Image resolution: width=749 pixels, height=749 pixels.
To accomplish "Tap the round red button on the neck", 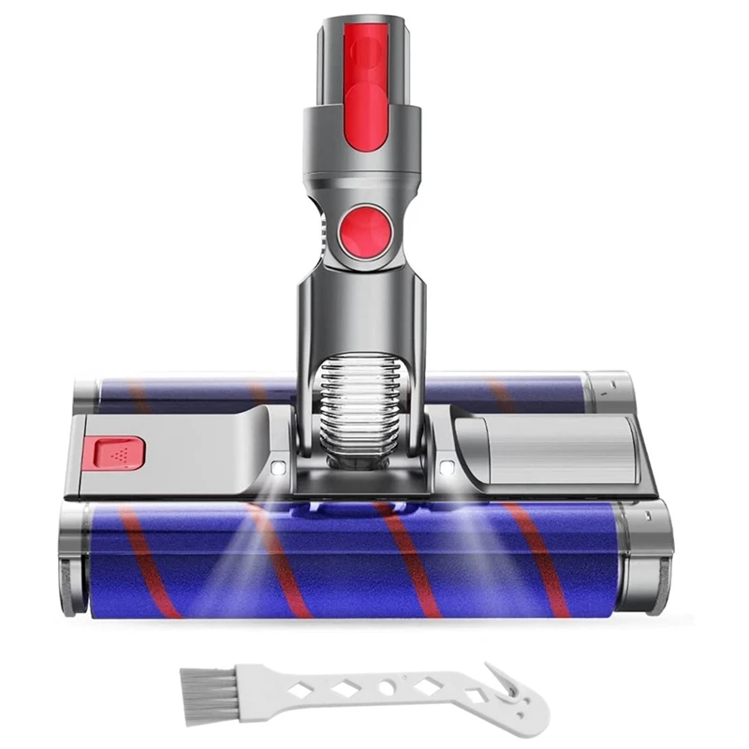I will click(361, 230).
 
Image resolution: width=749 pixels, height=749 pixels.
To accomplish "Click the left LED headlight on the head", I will click(278, 465).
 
